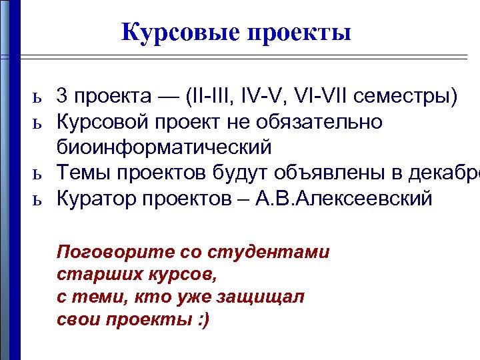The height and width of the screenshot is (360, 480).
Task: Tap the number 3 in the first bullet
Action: pyautogui.click(x=61, y=97)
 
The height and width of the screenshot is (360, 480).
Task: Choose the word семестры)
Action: pyautogui.click(x=406, y=97)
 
